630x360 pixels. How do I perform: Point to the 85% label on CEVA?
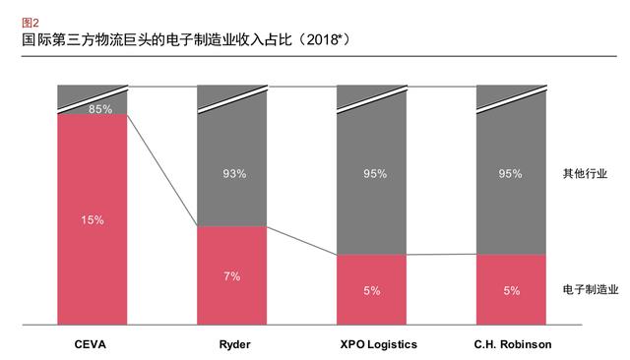(x=100, y=109)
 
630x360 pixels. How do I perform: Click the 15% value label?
(x=93, y=219)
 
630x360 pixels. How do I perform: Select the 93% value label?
(x=233, y=174)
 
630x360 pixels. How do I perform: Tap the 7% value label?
(x=232, y=275)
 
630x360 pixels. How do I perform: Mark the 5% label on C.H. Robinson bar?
(x=511, y=290)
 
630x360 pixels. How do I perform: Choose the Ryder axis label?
(x=232, y=344)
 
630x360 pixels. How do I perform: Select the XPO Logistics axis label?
(x=372, y=344)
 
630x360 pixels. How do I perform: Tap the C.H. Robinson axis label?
(x=510, y=344)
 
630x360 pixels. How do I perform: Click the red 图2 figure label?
(x=31, y=21)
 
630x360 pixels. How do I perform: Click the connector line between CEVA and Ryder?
(x=162, y=170)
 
